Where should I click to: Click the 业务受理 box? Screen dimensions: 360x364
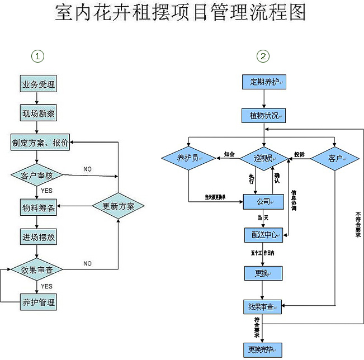(38, 85)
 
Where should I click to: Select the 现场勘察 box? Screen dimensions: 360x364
(38, 113)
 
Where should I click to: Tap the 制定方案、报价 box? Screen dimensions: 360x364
(40, 143)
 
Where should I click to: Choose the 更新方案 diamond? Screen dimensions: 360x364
(118, 206)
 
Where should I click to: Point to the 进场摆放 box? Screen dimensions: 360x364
(38, 237)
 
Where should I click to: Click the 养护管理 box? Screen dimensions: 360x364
(38, 302)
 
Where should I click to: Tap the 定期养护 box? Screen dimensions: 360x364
(264, 82)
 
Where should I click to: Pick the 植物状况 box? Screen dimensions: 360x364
(264, 116)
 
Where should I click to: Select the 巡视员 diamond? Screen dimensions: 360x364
(264, 159)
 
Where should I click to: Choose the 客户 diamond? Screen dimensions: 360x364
(334, 159)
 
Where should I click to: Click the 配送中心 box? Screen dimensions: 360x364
(263, 234)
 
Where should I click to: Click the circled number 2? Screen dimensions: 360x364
(263, 56)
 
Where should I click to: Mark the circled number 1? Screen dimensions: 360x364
(37, 56)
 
